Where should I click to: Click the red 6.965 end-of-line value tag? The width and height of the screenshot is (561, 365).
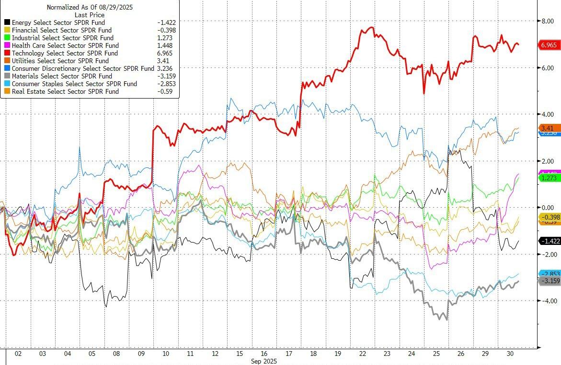pos(549,45)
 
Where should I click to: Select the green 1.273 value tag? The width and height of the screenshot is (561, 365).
pos(549,178)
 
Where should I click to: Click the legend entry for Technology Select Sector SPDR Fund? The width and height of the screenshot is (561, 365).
pos(65,53)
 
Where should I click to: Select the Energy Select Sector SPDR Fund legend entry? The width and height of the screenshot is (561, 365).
pos(58,22)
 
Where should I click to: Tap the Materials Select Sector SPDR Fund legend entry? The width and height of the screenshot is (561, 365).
pos(62,76)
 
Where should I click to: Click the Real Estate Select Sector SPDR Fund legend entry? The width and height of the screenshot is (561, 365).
pos(65,91)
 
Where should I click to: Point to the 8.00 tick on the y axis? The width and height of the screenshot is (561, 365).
pos(548,21)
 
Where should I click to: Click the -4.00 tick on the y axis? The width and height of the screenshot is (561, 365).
pos(548,301)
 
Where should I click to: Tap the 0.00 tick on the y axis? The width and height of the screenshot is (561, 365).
pos(548,208)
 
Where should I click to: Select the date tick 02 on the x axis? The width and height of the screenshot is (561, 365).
pos(18,354)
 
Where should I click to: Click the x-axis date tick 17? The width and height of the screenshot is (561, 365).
pos(288,354)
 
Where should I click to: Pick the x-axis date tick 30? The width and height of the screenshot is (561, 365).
pos(510,354)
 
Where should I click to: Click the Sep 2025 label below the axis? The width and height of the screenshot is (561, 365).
pos(264,361)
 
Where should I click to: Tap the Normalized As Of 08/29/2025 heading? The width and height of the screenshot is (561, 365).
pos(90,7)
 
